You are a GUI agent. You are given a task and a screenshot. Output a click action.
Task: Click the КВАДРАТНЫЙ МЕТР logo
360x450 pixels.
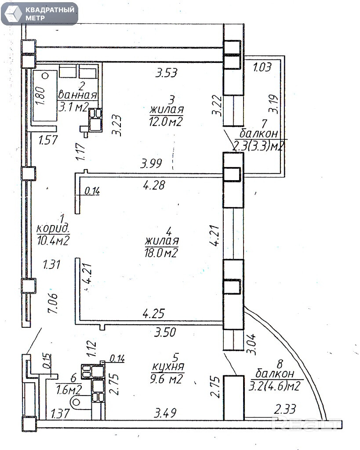pyautogui.click(x=39, y=14)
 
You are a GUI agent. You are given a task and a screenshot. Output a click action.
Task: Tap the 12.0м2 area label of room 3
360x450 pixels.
pyautogui.click(x=166, y=122)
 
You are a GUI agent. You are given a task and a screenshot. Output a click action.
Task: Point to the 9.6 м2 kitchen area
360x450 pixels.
pyautogui.click(x=166, y=378)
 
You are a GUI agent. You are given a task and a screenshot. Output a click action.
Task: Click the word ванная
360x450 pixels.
pyautogui.click(x=78, y=95)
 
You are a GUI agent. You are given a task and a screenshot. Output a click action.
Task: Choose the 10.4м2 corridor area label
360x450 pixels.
pyautogui.click(x=53, y=240)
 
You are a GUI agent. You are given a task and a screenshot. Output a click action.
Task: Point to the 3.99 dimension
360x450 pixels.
pyautogui.click(x=151, y=164)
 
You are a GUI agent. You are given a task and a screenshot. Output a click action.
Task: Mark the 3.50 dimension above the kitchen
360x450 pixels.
pyautogui.click(x=164, y=333)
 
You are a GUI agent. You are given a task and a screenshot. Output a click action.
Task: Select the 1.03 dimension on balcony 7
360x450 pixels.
pyautogui.click(x=262, y=67)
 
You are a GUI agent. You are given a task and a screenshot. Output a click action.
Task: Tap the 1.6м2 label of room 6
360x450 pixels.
pyautogui.click(x=69, y=389)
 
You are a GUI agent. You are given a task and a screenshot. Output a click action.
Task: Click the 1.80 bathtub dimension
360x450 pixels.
pyautogui.click(x=40, y=94)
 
